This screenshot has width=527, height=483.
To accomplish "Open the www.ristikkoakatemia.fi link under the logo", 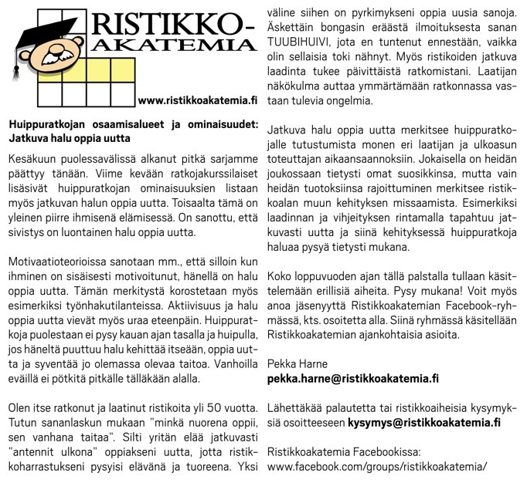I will point(196,100).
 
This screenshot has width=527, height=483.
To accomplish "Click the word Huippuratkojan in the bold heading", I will point(46,124).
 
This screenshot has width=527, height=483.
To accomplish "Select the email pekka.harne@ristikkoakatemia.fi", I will point(353,378).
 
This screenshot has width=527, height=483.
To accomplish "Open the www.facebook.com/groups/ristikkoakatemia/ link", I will point(377,466).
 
